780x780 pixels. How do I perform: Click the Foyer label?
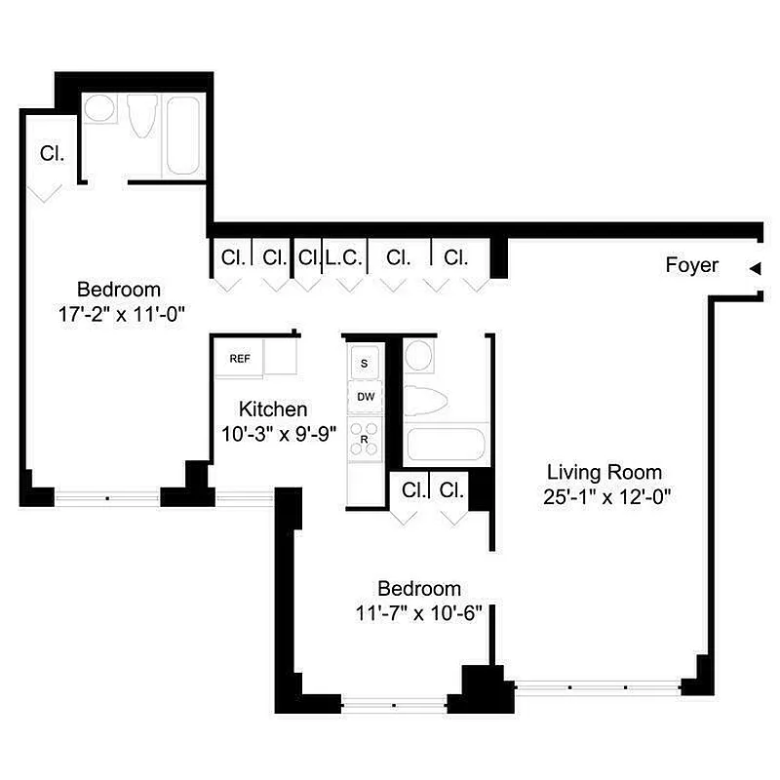tap(691, 265)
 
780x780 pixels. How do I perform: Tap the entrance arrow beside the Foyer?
tap(754, 268)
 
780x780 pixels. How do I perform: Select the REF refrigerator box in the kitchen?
tap(239, 359)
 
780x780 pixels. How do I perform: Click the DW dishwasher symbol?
tap(366, 396)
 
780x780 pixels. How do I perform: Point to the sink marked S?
tap(366, 363)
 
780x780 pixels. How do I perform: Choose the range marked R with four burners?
tap(366, 434)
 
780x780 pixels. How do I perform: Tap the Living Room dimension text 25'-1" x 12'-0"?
tap(607, 495)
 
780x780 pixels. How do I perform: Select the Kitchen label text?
tap(274, 409)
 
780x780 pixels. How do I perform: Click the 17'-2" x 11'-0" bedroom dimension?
tap(121, 315)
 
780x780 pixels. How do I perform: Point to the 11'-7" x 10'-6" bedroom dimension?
tap(419, 614)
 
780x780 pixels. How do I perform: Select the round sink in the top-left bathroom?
tap(98, 108)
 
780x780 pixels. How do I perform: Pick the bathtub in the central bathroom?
tap(446, 445)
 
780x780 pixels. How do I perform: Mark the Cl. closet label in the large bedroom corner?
tap(52, 153)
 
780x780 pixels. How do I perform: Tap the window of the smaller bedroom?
tap(394, 704)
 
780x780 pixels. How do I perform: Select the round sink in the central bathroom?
tap(419, 355)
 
